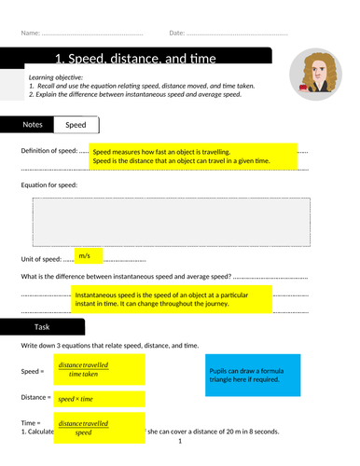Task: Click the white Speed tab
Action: [76, 124]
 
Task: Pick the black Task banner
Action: [42, 327]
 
